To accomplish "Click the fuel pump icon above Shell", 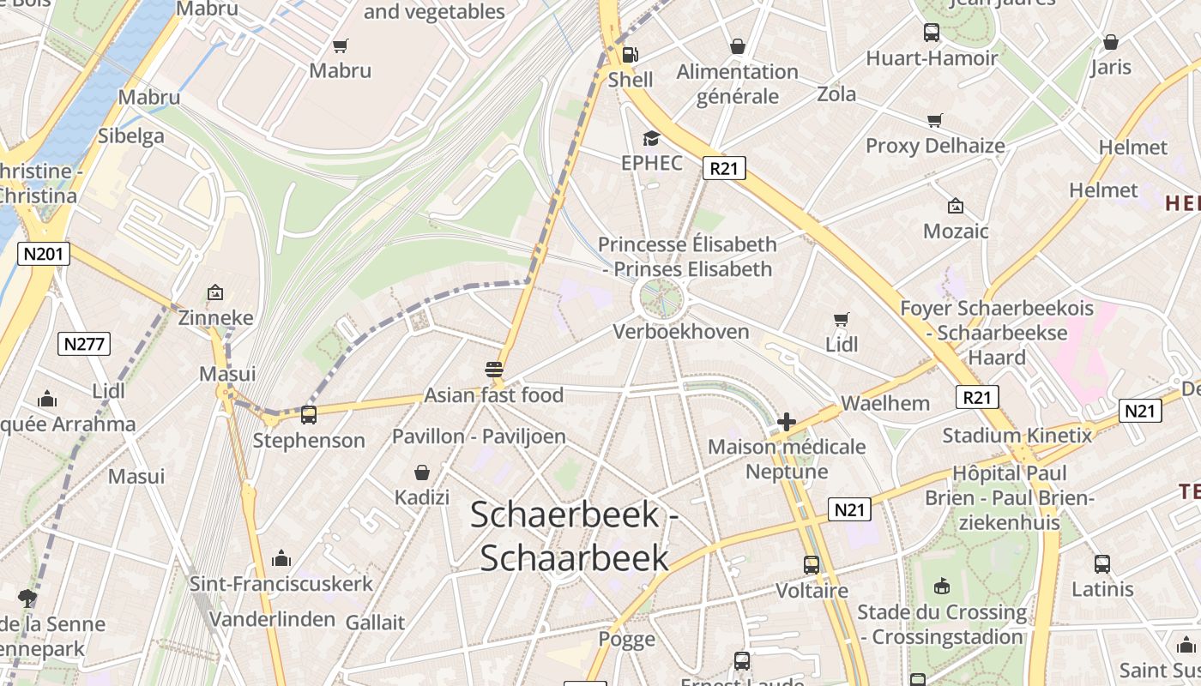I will click(x=630, y=55).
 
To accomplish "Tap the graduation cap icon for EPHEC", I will click(x=652, y=138).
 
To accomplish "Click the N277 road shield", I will click(x=84, y=345).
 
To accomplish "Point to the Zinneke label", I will click(x=215, y=318).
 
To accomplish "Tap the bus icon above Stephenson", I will click(x=308, y=415).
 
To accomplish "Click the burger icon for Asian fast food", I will click(x=493, y=370).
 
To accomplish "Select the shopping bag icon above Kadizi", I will click(x=422, y=472).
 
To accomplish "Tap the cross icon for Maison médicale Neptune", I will click(x=786, y=422).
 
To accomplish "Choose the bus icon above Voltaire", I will click(x=812, y=565).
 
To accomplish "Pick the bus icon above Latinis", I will click(x=1102, y=564).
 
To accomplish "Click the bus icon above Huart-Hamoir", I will click(x=932, y=33).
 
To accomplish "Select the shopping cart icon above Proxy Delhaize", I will click(x=934, y=121).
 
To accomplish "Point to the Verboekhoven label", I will click(x=681, y=332).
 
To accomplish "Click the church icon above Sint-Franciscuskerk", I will click(x=281, y=559).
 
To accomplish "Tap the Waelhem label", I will click(x=885, y=403).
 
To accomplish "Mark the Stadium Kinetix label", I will click(x=1017, y=436).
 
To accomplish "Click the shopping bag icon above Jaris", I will click(x=1111, y=42).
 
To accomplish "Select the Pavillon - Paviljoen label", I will click(x=479, y=436).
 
